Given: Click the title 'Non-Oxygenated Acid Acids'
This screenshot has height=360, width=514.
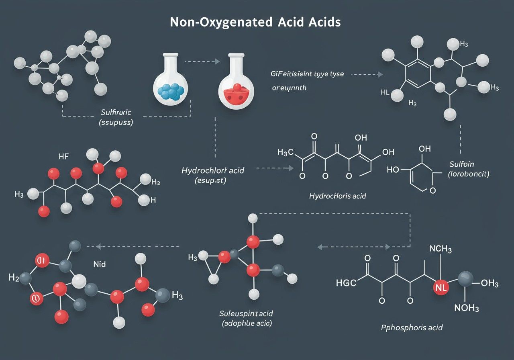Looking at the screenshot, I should point(255,22).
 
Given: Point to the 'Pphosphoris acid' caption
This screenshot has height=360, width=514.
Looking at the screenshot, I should point(412,327).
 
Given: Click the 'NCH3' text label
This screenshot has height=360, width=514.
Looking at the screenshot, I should point(441,250).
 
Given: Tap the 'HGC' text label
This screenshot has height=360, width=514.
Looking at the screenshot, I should point(346,283).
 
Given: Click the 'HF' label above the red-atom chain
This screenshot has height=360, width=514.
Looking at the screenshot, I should point(64,157).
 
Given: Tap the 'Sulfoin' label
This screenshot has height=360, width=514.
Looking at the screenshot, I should point(462,164).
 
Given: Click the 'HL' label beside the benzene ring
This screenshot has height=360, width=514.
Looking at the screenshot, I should point(385,92).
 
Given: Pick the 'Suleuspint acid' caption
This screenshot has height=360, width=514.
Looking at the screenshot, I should point(246,313).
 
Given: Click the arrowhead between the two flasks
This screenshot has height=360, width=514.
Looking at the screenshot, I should point(217,61).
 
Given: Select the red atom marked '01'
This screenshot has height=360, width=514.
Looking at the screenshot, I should point(42,261).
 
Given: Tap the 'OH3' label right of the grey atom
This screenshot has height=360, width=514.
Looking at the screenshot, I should point(490,284).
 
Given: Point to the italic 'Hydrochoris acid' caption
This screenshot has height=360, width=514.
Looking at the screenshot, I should point(338,196).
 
